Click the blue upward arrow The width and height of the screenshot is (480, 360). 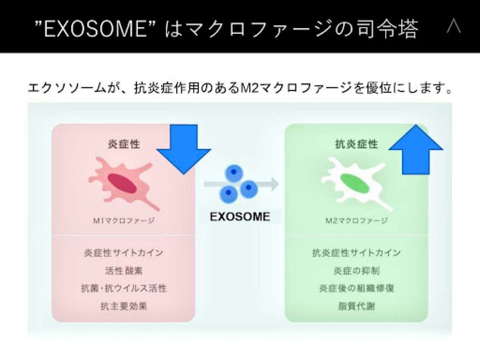pyautogui.click(x=416, y=149)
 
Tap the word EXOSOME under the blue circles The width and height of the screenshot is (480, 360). pyautogui.click(x=240, y=217)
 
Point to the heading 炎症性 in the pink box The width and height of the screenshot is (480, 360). pyautogui.click(x=124, y=144)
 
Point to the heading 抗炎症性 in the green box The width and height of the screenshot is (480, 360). pyautogui.click(x=357, y=144)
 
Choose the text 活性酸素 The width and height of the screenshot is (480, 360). pyautogui.click(x=124, y=271)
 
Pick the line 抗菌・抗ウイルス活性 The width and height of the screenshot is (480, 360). pyautogui.click(x=124, y=288)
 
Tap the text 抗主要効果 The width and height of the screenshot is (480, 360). pyautogui.click(x=124, y=306)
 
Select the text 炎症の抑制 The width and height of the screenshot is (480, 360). pyautogui.click(x=357, y=271)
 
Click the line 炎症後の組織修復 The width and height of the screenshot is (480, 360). pyautogui.click(x=357, y=288)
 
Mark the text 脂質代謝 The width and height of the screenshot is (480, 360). pyautogui.click(x=357, y=306)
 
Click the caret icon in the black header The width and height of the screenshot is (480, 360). pyautogui.click(x=453, y=27)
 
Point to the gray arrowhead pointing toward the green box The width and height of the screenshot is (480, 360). pyautogui.click(x=274, y=184)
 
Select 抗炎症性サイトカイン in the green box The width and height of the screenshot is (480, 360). pyautogui.click(x=357, y=253)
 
